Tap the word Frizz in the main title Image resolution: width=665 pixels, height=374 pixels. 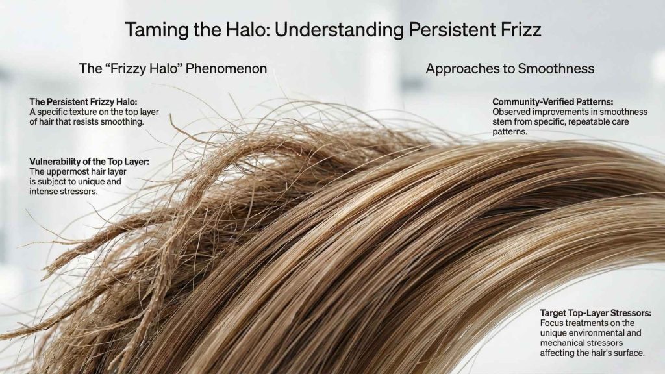point(519,30)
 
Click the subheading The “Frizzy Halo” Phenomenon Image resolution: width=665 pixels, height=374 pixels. point(173,68)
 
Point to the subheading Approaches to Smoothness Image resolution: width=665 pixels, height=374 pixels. point(510,68)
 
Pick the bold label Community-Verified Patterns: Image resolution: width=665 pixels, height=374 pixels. point(553,102)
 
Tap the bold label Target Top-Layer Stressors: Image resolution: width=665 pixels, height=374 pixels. point(596,313)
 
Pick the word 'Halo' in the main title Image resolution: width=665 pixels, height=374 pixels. point(247,30)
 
